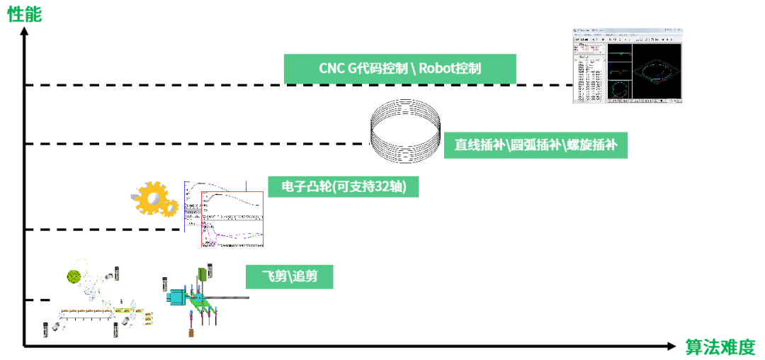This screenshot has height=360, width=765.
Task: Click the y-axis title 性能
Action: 24,13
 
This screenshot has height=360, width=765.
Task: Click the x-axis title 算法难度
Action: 720,347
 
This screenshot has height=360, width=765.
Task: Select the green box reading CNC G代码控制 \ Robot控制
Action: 399,69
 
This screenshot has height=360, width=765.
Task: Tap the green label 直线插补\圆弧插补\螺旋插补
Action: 535,145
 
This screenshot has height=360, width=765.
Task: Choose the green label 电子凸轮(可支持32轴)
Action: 344,186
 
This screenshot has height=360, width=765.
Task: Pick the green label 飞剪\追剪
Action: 289,276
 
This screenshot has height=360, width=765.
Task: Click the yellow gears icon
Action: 154,198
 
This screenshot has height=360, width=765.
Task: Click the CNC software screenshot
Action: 628,67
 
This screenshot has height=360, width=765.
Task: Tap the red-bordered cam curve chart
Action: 232,219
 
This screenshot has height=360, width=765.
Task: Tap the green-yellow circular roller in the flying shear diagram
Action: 73,276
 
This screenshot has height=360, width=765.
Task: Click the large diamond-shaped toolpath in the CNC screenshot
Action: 657,71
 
